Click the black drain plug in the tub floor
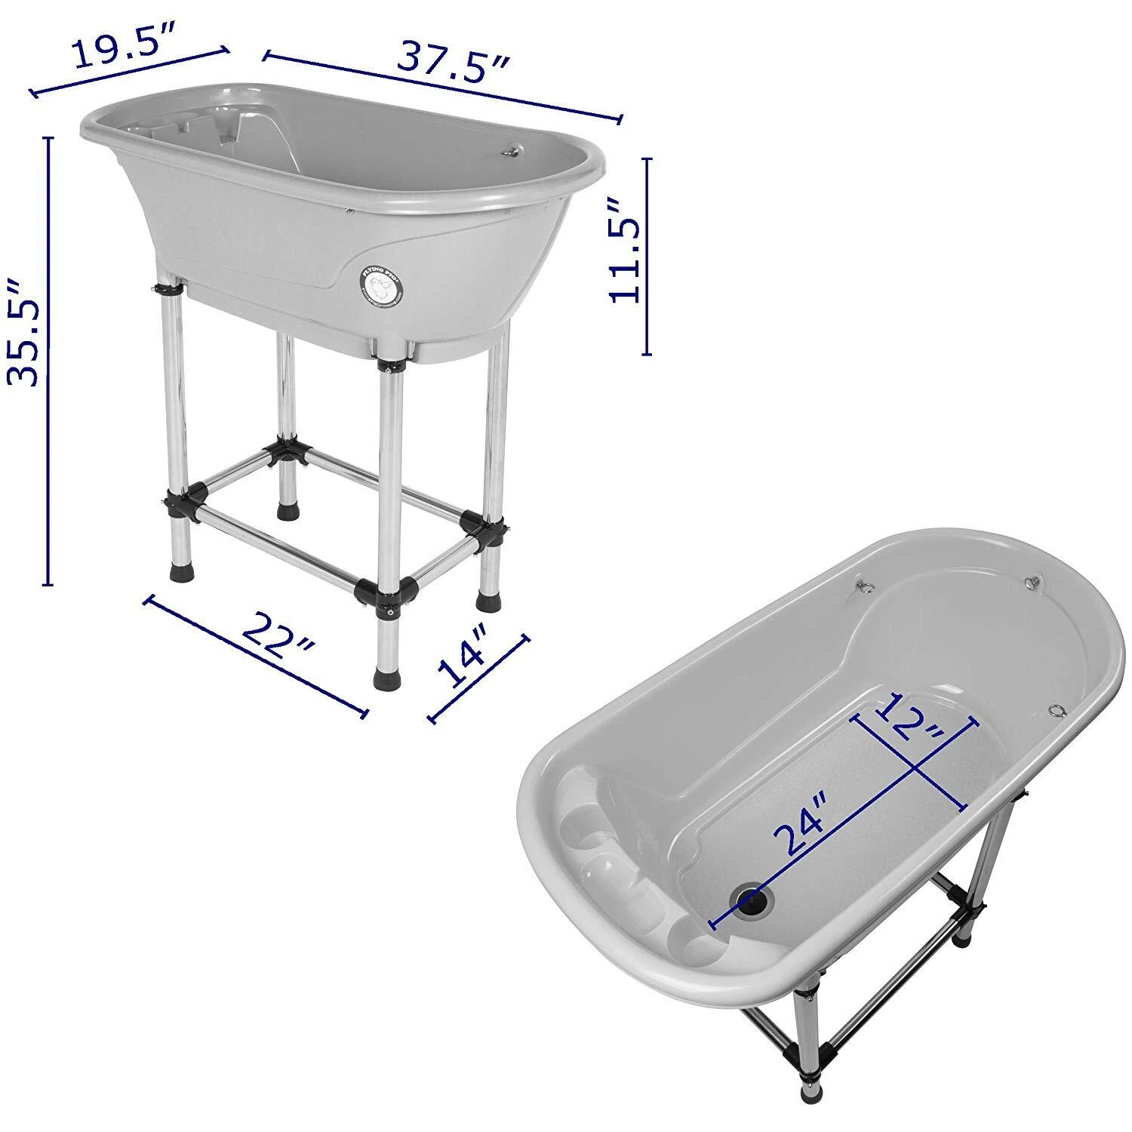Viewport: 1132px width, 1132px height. (752, 898)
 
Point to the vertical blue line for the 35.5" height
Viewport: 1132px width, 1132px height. (50, 362)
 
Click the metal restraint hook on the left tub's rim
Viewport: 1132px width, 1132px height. (511, 152)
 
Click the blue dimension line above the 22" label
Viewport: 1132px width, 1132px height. (257, 655)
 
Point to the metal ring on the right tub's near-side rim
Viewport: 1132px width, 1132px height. (1057, 709)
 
